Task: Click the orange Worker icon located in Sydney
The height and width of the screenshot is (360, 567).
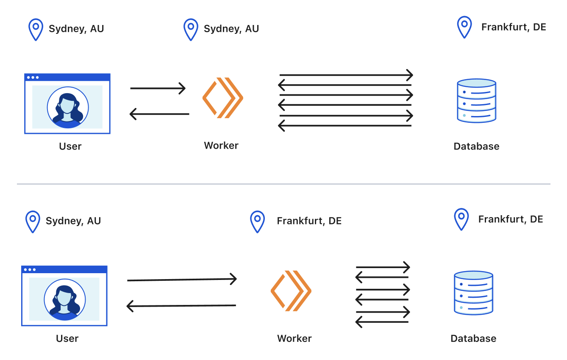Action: (x=223, y=98)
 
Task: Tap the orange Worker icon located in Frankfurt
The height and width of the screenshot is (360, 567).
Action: (x=291, y=291)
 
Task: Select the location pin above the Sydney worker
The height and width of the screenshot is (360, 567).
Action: (x=191, y=29)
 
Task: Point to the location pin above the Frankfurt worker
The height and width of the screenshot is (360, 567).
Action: (x=257, y=222)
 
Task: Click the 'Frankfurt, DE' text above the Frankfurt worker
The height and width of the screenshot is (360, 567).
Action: (x=309, y=221)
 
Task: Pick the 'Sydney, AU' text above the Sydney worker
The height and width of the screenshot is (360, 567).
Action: (x=231, y=28)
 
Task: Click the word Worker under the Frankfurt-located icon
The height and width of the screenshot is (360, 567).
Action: (x=294, y=338)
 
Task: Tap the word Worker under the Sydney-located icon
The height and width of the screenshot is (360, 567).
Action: (x=221, y=145)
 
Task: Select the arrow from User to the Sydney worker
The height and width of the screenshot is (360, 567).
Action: (x=158, y=88)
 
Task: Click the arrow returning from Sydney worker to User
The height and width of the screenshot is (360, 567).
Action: (x=159, y=114)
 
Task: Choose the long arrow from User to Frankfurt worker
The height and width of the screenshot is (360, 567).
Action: (x=182, y=280)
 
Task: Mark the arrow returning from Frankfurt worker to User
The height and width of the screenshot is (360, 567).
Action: (x=181, y=306)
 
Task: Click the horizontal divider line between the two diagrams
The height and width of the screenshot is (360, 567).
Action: (x=283, y=184)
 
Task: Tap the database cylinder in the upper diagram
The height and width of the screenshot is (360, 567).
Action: (x=476, y=101)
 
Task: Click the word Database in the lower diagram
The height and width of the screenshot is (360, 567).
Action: (x=473, y=338)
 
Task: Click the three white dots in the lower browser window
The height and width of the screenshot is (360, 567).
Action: (x=30, y=270)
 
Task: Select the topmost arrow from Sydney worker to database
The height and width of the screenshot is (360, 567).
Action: (x=346, y=75)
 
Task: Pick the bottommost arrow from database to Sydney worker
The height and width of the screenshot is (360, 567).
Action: (x=345, y=126)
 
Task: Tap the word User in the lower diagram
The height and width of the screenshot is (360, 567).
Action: (x=67, y=338)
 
